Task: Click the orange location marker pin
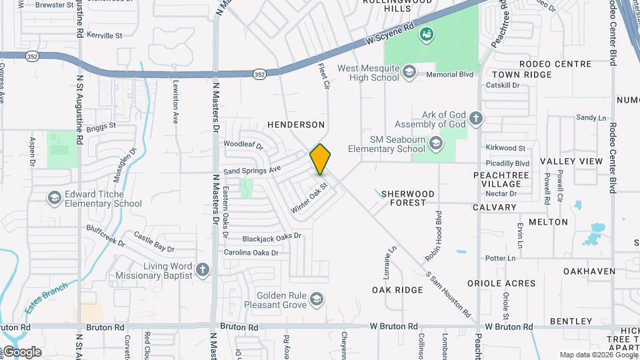(321, 159)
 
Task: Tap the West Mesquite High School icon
(409, 72)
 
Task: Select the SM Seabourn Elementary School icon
(435, 143)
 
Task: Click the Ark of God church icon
(475, 119)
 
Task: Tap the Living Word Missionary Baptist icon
(203, 270)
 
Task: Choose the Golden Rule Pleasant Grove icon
(317, 299)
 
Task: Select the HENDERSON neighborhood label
(295, 125)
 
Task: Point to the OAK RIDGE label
(397, 290)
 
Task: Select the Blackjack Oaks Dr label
(272, 237)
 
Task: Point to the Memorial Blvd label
(451, 75)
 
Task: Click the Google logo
(21, 352)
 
